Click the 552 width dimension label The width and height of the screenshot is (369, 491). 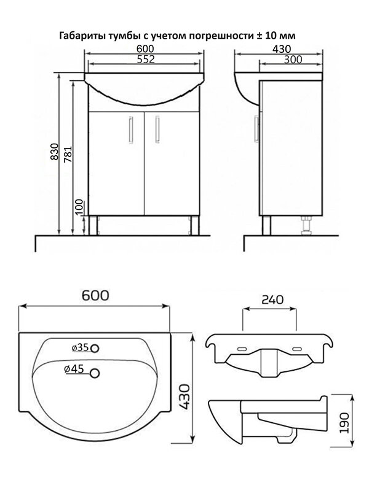(x=146, y=59)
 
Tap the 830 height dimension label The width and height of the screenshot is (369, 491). (x=55, y=152)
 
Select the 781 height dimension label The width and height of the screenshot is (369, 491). (x=68, y=154)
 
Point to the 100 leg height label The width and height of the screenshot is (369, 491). (x=80, y=207)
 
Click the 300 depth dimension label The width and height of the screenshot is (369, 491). (x=293, y=60)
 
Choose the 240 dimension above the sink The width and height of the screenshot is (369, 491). (x=272, y=300)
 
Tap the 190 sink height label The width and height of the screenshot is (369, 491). (x=344, y=423)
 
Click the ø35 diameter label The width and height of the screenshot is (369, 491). (x=81, y=347)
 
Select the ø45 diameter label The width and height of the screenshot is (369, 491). (x=74, y=369)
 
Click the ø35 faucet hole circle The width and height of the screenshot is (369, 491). (x=95, y=348)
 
